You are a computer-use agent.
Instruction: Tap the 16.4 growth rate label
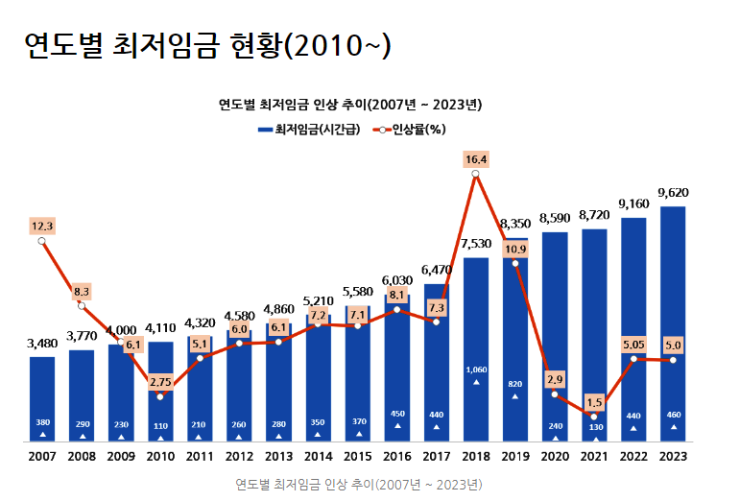[476, 159]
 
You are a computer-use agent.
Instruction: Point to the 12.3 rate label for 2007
[42, 226]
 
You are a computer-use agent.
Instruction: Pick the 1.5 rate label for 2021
[594, 402]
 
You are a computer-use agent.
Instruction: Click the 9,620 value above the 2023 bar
[673, 192]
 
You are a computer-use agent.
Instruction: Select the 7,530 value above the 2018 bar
[476, 244]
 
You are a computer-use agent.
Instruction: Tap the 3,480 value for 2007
[42, 343]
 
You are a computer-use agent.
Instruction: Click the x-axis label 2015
[357, 456]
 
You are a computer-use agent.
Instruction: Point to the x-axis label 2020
[555, 456]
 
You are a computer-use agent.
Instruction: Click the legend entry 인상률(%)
[415, 129]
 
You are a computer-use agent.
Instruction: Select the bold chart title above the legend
[350, 104]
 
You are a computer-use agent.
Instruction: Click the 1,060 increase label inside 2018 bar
[476, 370]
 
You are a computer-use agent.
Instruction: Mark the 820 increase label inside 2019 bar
[515, 384]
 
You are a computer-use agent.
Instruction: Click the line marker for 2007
[42, 241]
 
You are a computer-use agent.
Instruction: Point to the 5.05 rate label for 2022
[633, 344]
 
